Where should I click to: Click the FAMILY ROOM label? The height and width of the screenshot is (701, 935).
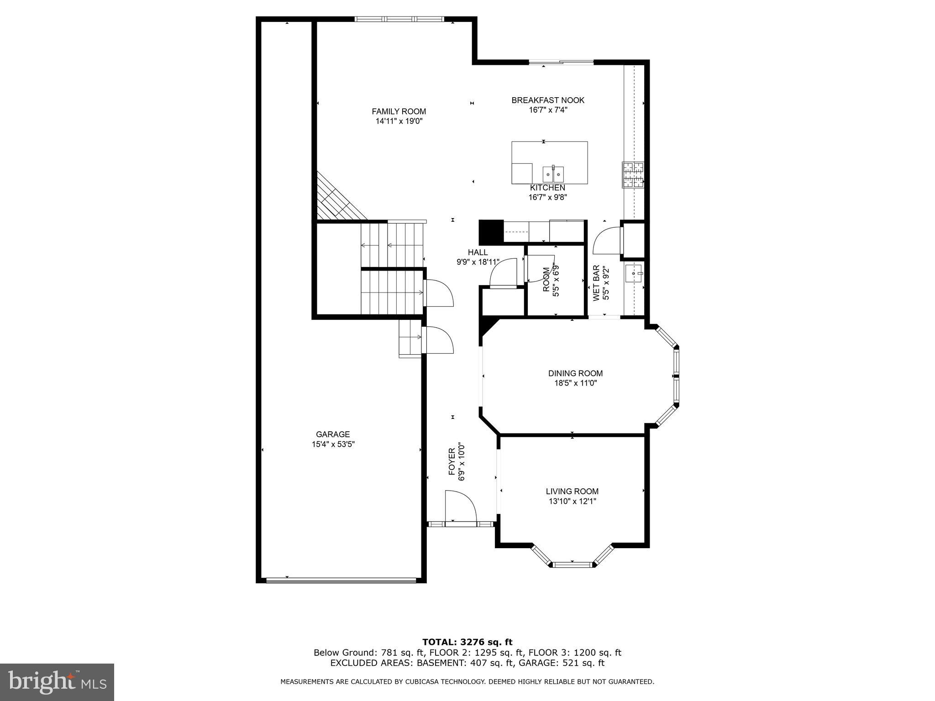point(399,111)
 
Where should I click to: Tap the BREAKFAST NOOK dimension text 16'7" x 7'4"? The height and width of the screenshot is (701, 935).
point(547,110)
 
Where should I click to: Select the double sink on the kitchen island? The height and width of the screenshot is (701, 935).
point(553,174)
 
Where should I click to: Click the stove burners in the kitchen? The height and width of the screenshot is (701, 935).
point(633,175)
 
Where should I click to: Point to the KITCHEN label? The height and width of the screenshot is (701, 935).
point(547,188)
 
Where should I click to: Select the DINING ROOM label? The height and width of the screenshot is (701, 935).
point(575,373)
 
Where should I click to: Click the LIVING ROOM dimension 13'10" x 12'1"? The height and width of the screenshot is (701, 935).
point(572,501)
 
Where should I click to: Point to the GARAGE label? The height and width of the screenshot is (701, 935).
point(333,434)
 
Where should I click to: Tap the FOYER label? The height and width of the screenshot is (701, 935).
point(452,462)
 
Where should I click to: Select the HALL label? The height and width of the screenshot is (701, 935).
point(478,252)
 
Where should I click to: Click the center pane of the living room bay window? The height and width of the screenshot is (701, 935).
point(572,565)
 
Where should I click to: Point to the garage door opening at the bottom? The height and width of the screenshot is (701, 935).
point(341,581)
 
